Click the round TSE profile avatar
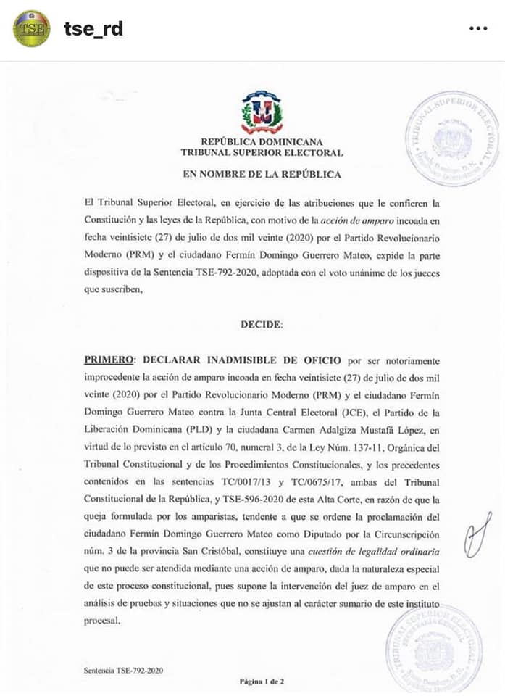pos(32,29)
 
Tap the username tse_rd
pos(93,29)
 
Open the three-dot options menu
pos(478,29)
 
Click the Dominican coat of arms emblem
pos(262,113)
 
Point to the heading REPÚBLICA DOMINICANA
pos(262,142)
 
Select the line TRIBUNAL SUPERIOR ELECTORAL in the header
pos(262,153)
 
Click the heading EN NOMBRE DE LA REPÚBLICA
pos(262,175)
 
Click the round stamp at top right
pos(453,139)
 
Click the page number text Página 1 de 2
pos(262,681)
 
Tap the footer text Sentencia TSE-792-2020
pos(123,671)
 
